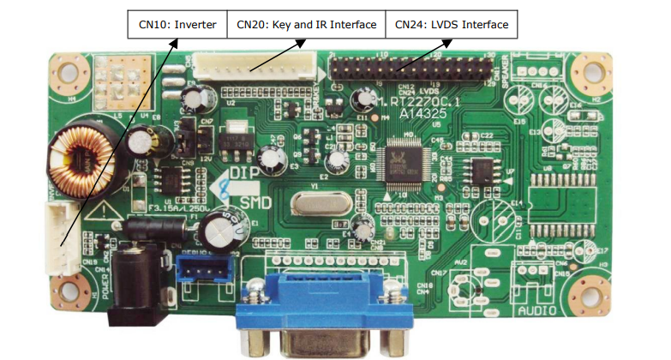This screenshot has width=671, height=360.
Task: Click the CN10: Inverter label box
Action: pos(178,25)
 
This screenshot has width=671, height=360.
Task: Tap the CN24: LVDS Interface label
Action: pos(451,25)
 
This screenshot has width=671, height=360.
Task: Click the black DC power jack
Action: pos(134,287)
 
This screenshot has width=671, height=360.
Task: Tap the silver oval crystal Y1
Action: pos(315,204)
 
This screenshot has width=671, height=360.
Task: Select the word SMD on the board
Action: pos(255,203)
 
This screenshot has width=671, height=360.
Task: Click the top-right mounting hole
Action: pos(590,72)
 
